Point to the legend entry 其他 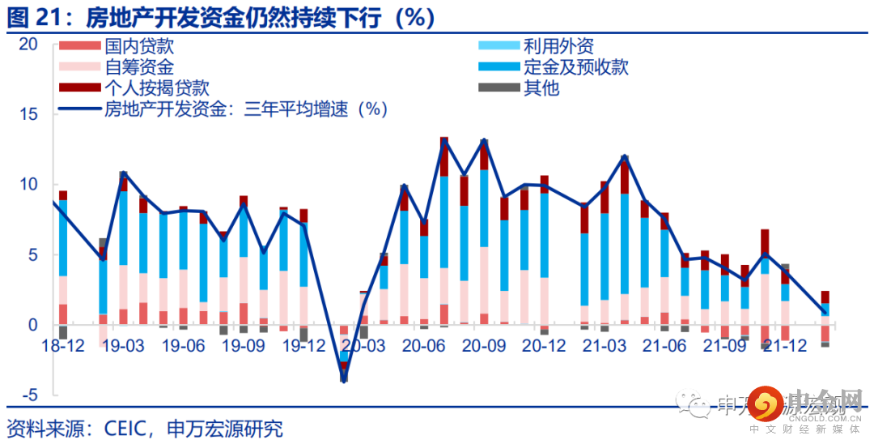(x=541, y=88)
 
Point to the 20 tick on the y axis (x=29, y=45)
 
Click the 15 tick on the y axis (x=29, y=115)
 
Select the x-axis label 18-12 (x=62, y=345)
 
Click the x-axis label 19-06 (x=182, y=345)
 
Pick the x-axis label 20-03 (x=363, y=345)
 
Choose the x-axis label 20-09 (x=483, y=345)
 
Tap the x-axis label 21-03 (x=604, y=345)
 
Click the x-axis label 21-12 (x=784, y=345)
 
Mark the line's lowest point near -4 (x=343, y=380)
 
